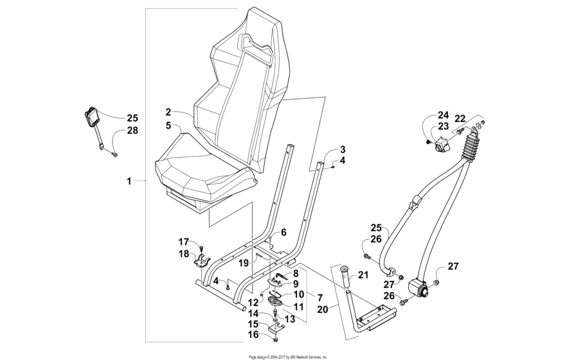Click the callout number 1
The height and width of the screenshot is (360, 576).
coord(129,182)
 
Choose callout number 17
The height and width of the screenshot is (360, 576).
coord(184,242)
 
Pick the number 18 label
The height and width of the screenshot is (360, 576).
coord(184,255)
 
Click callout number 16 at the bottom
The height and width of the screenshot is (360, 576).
coord(254,335)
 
